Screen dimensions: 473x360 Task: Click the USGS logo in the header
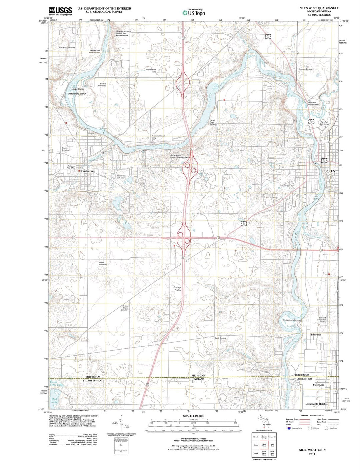(60, 11)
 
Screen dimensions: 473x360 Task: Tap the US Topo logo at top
(194, 13)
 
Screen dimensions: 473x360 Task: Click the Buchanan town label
(88, 171)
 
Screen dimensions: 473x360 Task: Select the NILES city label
(330, 171)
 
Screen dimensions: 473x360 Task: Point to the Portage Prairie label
(177, 289)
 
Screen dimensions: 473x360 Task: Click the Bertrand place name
(315, 334)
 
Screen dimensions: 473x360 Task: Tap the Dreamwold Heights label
(316, 404)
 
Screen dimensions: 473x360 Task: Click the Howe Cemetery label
(103, 263)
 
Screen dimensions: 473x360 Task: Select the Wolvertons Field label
(151, 71)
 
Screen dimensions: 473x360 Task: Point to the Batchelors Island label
(77, 94)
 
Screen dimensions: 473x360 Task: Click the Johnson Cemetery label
(306, 69)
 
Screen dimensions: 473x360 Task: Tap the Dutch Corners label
(220, 338)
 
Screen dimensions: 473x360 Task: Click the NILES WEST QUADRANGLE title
(319, 8)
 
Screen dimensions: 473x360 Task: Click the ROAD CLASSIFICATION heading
(312, 416)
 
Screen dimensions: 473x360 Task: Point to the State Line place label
(318, 385)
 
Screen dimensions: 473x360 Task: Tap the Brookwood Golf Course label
(122, 177)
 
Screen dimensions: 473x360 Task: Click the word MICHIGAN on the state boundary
(199, 375)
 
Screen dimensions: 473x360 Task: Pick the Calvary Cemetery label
(287, 186)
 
